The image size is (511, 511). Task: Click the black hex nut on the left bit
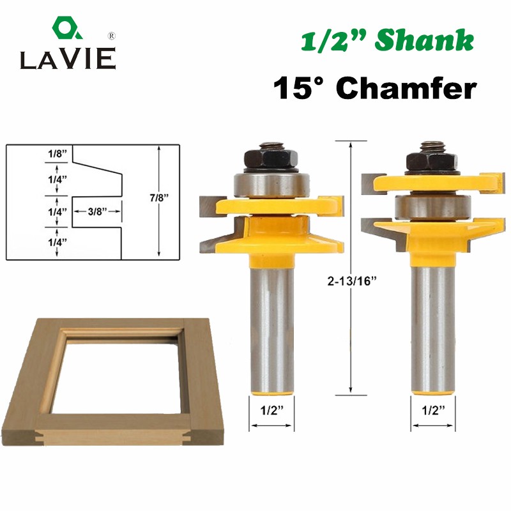pyautogui.click(x=271, y=156)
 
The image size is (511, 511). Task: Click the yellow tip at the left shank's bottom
pyautogui.click(x=271, y=383)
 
